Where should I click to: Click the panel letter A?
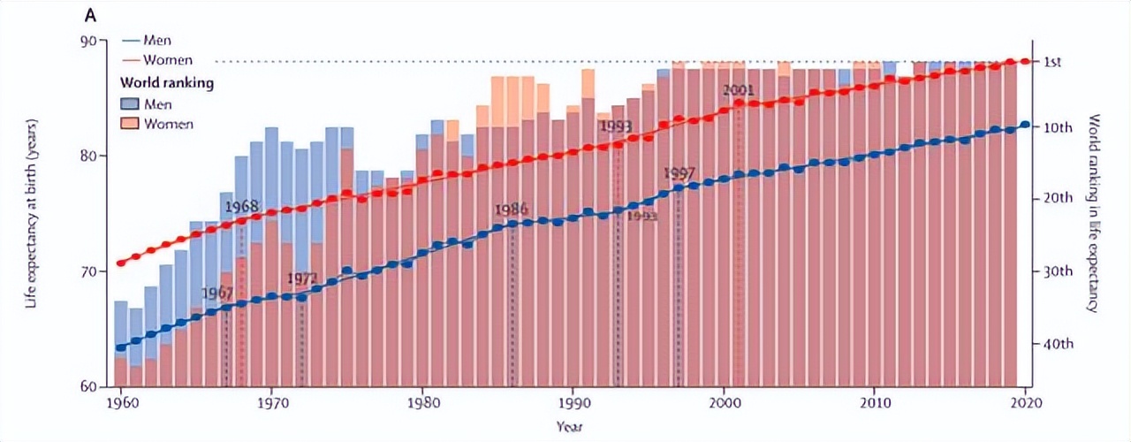pos(90,16)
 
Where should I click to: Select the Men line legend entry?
pos(157,41)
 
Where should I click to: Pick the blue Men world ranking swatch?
pos(130,104)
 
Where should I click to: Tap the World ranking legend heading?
pos(167,83)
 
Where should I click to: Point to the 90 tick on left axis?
pos(92,41)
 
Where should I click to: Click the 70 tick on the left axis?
pos(92,271)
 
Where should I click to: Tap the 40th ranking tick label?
pos(1057,343)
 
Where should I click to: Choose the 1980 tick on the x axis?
pos(422,400)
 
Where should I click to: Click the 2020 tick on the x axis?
pos(1025,400)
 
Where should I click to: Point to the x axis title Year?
pos(569,425)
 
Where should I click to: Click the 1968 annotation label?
pos(241,207)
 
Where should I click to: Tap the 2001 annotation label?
pos(738,90)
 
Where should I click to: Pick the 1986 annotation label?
pos(512,210)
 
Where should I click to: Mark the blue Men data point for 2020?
pos(1025,125)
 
